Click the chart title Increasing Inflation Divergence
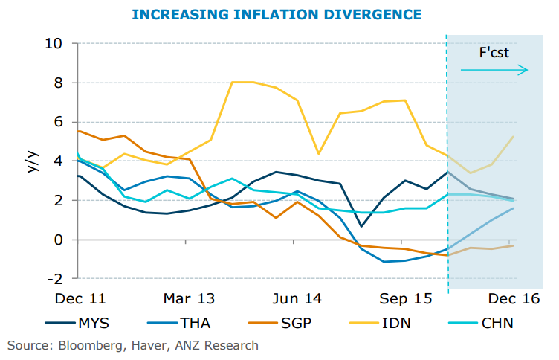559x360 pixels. point(277,14)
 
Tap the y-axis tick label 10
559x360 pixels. point(54,43)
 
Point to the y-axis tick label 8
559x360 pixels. point(59,83)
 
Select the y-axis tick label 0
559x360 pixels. point(59,240)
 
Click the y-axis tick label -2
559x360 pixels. point(56,279)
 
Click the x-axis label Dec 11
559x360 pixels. point(81,299)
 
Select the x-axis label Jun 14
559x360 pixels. point(297,299)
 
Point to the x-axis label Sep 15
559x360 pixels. point(404,299)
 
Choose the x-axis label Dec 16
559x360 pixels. point(513,299)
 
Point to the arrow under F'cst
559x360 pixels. point(494,70)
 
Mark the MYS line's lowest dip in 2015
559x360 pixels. point(361,226)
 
